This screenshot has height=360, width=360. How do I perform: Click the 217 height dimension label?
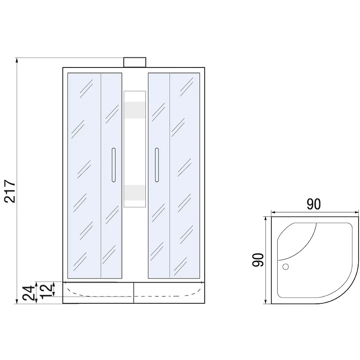tap(10, 191)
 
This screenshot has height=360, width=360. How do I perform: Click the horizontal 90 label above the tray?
tap(314, 204)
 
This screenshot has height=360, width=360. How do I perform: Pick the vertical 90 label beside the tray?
tap(258, 260)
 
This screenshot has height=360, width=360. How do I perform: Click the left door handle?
tap(113, 165)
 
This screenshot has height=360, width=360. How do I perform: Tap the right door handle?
tap(157, 165)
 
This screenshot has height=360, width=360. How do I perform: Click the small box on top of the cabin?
tap(135, 62)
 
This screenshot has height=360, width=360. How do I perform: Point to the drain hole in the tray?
tap(286, 266)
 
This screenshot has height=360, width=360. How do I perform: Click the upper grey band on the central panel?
tap(135, 110)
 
